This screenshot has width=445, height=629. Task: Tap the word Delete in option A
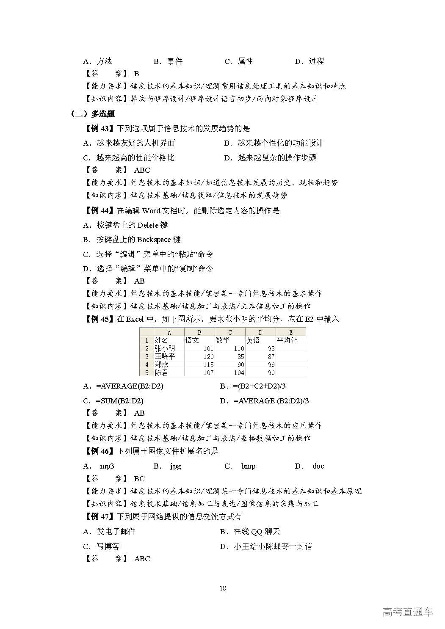[x=148, y=225]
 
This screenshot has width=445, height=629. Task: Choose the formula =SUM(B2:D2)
[x=119, y=401]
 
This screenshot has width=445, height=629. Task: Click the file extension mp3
[x=107, y=466]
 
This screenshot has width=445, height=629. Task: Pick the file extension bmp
[x=248, y=466]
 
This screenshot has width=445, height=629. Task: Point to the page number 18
[x=223, y=588]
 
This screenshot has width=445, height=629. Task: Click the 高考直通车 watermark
[x=407, y=612]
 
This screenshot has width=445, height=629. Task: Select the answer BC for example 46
[x=139, y=479]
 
